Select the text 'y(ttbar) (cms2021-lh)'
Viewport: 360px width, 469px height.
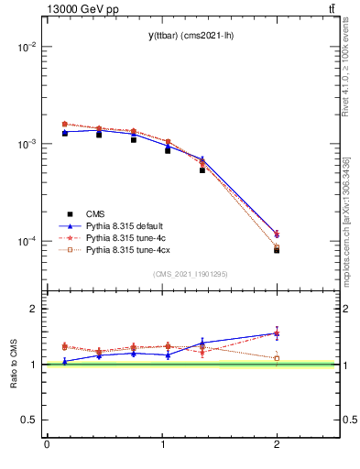coord(183,36)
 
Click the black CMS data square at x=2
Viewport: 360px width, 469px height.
coord(277,250)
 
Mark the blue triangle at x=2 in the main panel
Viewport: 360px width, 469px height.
coord(277,234)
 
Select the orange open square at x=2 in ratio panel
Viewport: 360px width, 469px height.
coord(277,358)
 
